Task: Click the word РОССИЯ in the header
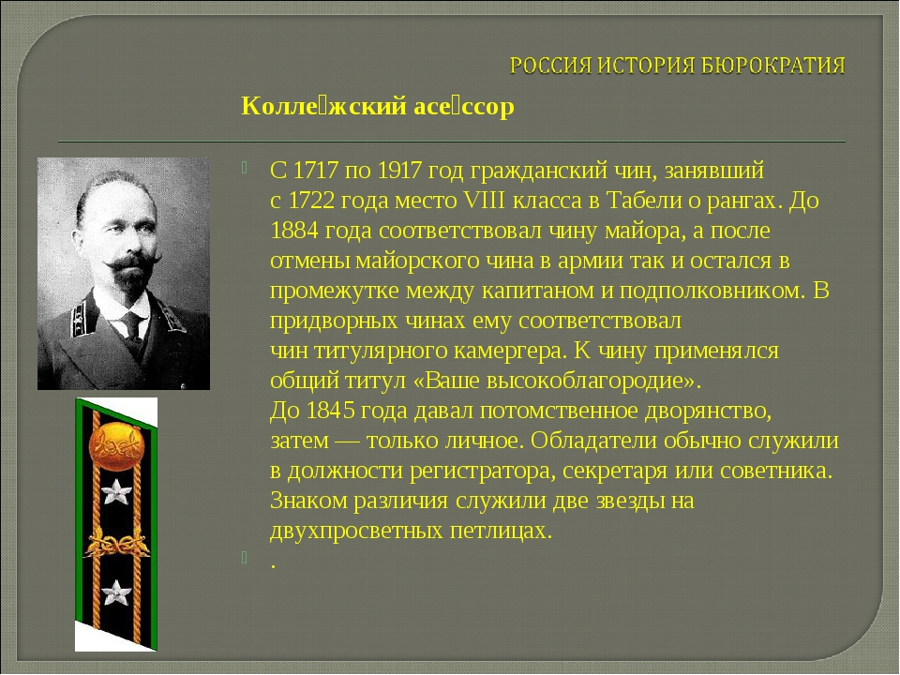point(547,67)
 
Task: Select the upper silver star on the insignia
point(116,491)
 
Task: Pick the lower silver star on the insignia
point(116,592)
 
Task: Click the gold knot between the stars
point(116,541)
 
